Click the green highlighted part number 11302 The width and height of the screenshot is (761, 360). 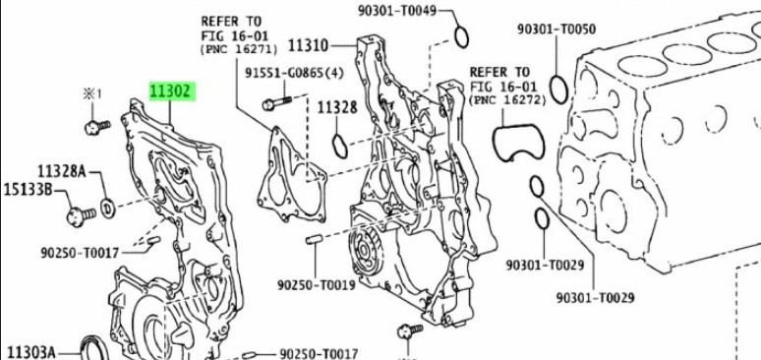click(172, 91)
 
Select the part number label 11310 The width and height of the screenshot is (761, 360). click(308, 46)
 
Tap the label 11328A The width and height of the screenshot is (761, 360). click(62, 171)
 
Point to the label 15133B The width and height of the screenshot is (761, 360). click(28, 190)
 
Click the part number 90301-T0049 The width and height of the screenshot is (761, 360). click(397, 10)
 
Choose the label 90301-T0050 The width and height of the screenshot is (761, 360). click(556, 30)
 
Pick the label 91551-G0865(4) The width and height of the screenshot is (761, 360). click(294, 73)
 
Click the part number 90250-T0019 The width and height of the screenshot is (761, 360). click(317, 284)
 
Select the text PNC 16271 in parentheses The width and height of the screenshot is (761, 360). click(239, 49)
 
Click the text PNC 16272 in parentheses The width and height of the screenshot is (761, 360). click(507, 100)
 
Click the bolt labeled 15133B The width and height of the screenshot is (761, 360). click(81, 214)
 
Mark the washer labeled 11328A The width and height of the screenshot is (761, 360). click(108, 208)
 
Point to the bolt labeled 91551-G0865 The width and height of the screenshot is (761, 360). click(276, 103)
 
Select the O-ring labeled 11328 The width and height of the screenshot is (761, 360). click(340, 147)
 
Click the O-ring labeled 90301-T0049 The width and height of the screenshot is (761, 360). click(461, 37)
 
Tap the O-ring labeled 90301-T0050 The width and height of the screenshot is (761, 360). click(558, 90)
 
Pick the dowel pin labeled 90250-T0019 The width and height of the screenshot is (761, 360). click(314, 239)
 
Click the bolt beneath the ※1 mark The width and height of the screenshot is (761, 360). click(97, 127)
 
